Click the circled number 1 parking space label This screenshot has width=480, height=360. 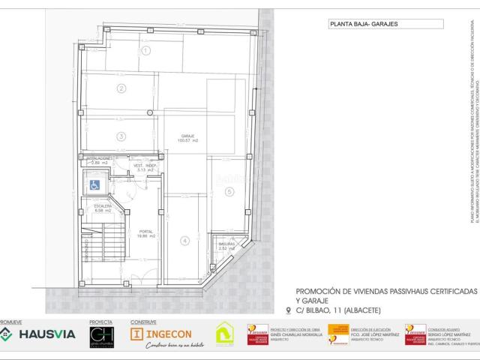pos(147,50)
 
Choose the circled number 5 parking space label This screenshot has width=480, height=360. pos(229,192)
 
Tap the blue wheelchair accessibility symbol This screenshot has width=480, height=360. pos(95,184)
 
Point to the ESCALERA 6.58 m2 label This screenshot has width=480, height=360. pos(103,208)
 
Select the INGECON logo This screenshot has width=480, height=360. pos(161,333)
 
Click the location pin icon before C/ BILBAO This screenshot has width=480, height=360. pos(289,310)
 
